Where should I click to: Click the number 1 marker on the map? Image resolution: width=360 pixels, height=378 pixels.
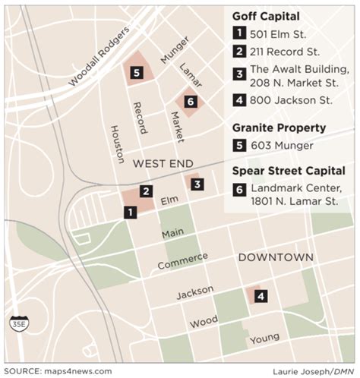pyautogui.click(x=131, y=213)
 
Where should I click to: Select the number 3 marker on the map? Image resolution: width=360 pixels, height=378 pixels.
pyautogui.click(x=196, y=184)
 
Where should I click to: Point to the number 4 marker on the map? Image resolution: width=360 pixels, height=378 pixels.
pyautogui.click(x=261, y=296)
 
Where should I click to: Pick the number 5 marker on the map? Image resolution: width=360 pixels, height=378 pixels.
pyautogui.click(x=136, y=73)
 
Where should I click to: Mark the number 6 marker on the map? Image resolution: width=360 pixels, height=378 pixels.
pyautogui.click(x=190, y=102)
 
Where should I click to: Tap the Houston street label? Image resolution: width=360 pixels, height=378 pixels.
pyautogui.click(x=117, y=144)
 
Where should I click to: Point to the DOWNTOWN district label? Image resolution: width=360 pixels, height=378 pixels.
pyautogui.click(x=275, y=258)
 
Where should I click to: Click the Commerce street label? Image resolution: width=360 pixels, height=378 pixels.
pyautogui.click(x=182, y=260)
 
